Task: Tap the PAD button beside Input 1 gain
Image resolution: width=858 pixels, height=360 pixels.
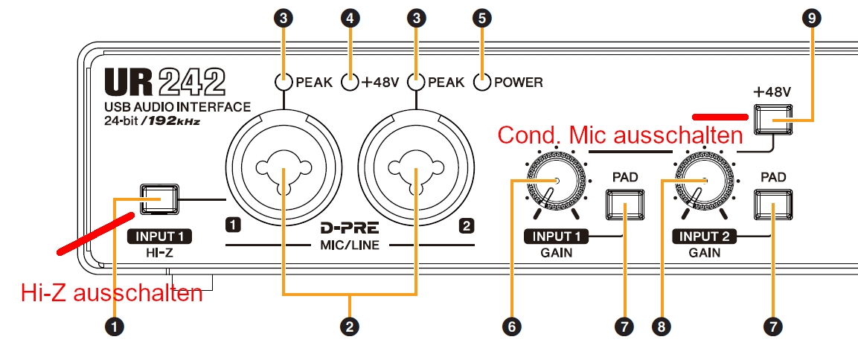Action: [x=623, y=206]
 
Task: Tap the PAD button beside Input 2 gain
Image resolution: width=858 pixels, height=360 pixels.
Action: [x=772, y=206]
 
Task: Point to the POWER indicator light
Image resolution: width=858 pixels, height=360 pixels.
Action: [x=482, y=83]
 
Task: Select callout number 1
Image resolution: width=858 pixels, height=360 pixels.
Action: [x=115, y=325]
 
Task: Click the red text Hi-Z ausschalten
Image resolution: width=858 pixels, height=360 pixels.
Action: [x=112, y=292]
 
